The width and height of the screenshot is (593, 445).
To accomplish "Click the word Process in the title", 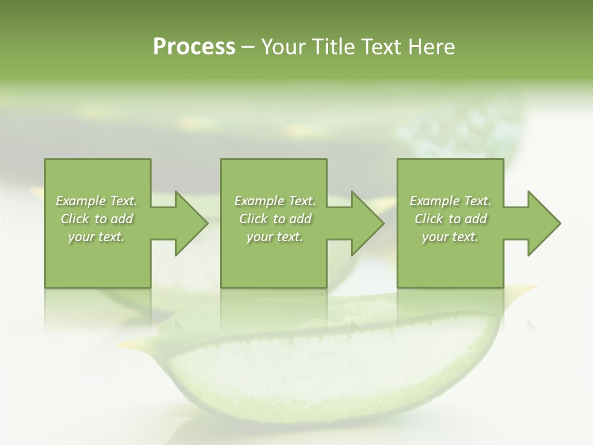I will click(194, 47).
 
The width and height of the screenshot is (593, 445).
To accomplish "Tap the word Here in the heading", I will click(432, 47).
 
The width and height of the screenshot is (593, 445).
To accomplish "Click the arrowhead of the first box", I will click(191, 223).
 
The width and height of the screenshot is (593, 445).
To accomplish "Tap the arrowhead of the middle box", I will click(368, 223).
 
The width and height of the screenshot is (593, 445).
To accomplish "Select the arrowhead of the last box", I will click(544, 223).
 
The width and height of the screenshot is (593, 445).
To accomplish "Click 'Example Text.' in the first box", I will click(96, 201).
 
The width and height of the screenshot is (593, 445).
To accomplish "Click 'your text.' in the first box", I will click(96, 237).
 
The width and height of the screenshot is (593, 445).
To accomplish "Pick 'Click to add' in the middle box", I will click(275, 219).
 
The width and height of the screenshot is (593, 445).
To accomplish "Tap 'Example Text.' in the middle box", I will click(275, 201).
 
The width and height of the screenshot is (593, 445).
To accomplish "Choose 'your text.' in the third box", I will click(450, 237).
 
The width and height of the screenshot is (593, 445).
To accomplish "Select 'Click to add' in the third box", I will click(450, 219).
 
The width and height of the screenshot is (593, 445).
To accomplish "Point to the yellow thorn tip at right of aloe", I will click(525, 288).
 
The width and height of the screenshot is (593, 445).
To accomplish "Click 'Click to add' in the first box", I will click(96, 219).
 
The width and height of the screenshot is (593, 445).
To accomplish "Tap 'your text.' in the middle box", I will click(275, 237).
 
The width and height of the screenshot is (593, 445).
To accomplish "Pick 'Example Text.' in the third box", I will click(450, 201).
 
